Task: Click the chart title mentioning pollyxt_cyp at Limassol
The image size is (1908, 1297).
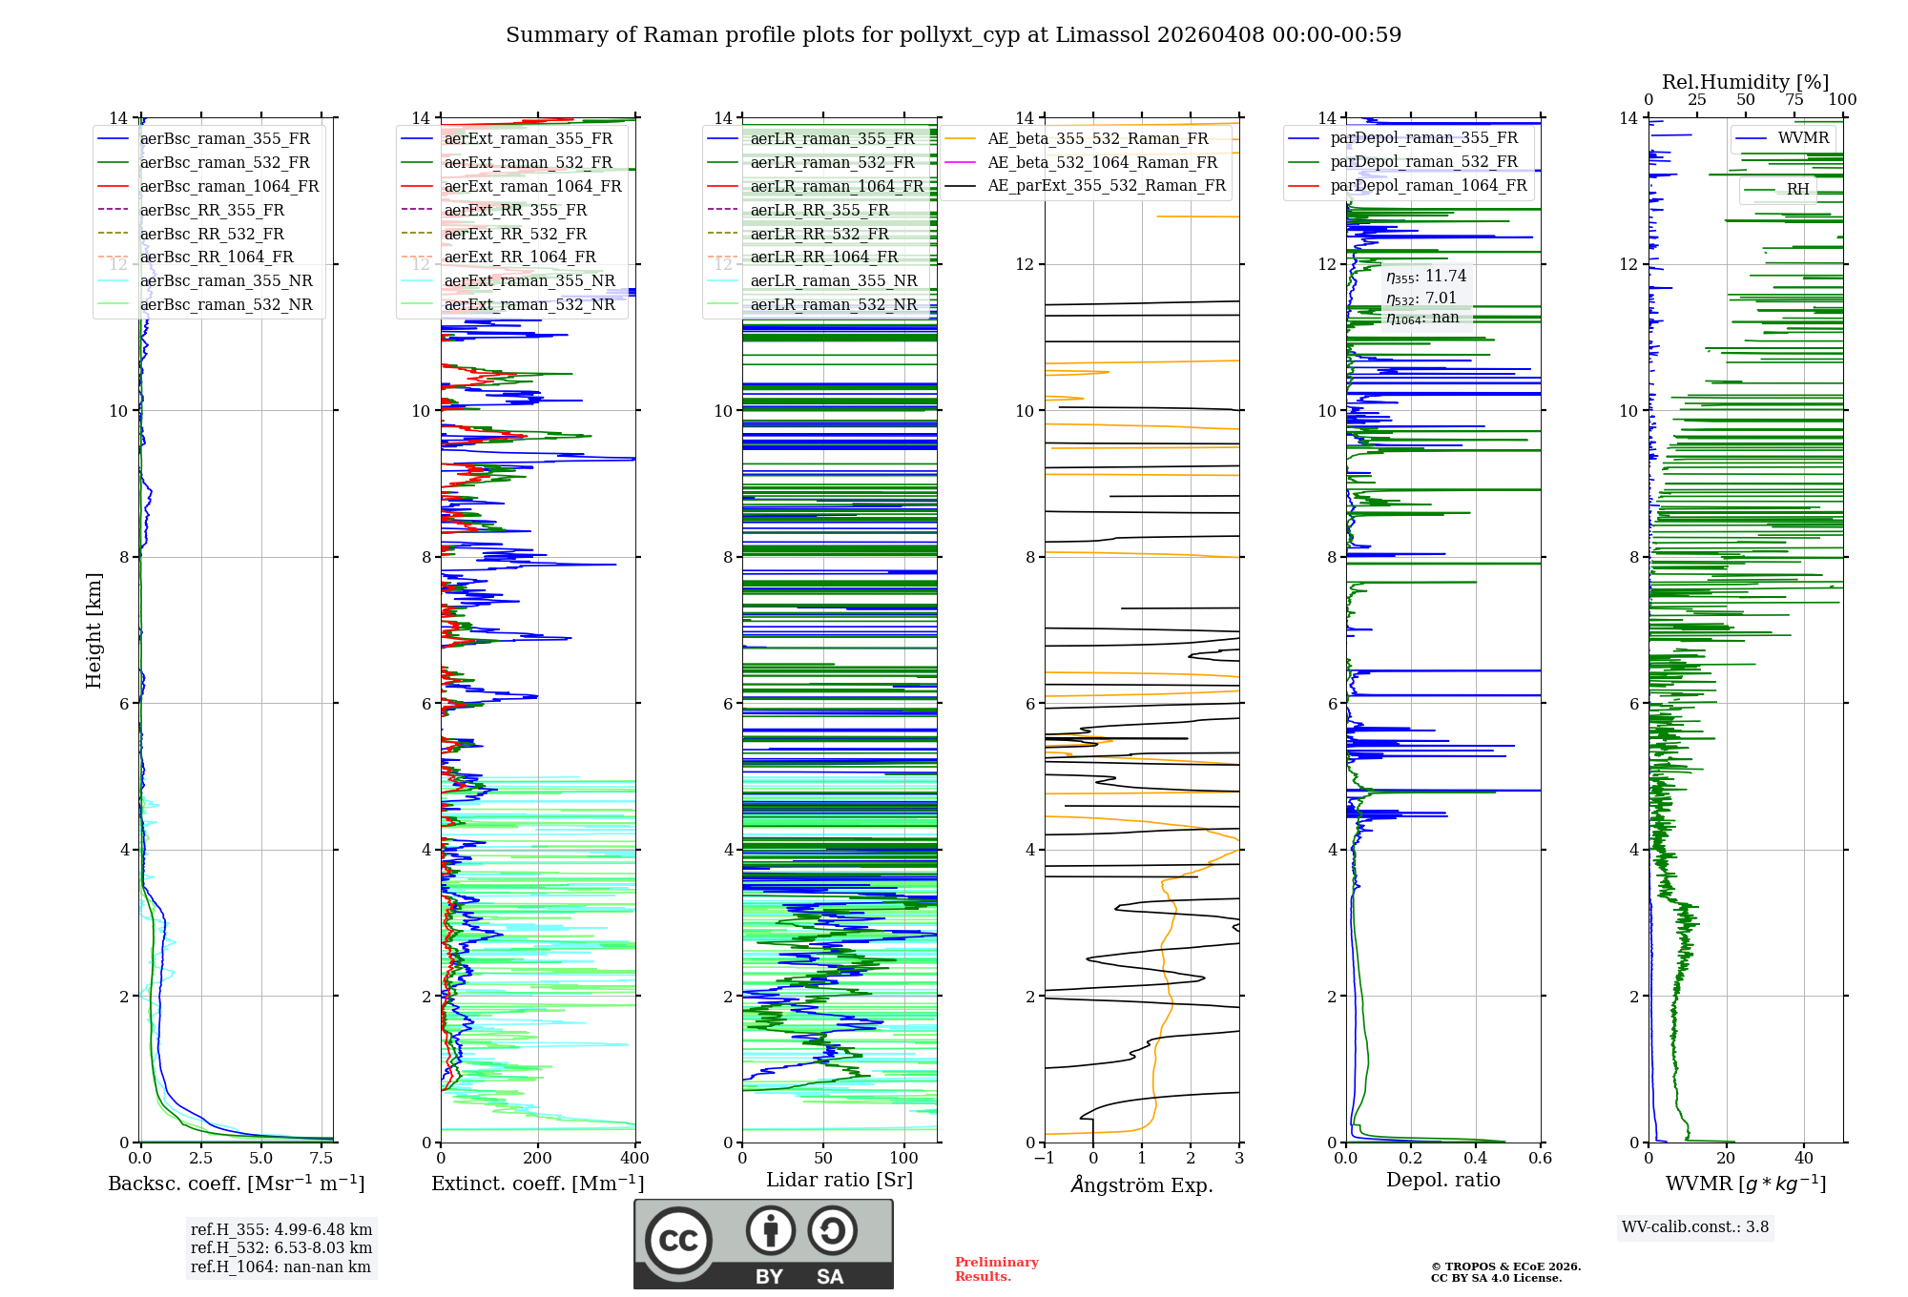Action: coord(953,35)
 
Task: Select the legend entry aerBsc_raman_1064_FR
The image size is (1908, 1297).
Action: coord(229,186)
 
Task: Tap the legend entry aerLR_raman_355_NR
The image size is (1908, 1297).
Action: coord(834,280)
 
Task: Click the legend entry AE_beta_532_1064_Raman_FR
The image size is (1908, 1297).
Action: coord(1103,162)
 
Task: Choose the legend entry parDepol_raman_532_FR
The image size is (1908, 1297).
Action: coord(1424,162)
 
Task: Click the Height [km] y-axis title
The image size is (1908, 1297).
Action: coord(93,630)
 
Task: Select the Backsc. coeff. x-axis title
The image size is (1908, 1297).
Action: coord(237,1184)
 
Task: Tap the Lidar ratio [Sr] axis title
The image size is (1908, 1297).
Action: coord(840,1181)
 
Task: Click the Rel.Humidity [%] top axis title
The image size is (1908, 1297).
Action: coord(1746,82)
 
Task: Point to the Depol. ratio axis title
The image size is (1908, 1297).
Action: coord(1443,1180)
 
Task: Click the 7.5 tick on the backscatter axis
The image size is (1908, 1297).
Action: coord(321,1159)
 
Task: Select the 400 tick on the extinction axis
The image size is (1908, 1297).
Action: coord(634,1159)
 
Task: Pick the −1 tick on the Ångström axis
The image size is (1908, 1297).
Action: coord(1044,1159)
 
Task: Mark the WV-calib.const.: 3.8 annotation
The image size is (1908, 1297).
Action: coord(1695,1227)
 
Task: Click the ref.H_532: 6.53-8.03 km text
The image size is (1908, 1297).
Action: coord(281,1247)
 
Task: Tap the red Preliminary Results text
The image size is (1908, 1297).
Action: coord(997,1269)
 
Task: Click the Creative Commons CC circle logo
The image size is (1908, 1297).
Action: coord(678,1241)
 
